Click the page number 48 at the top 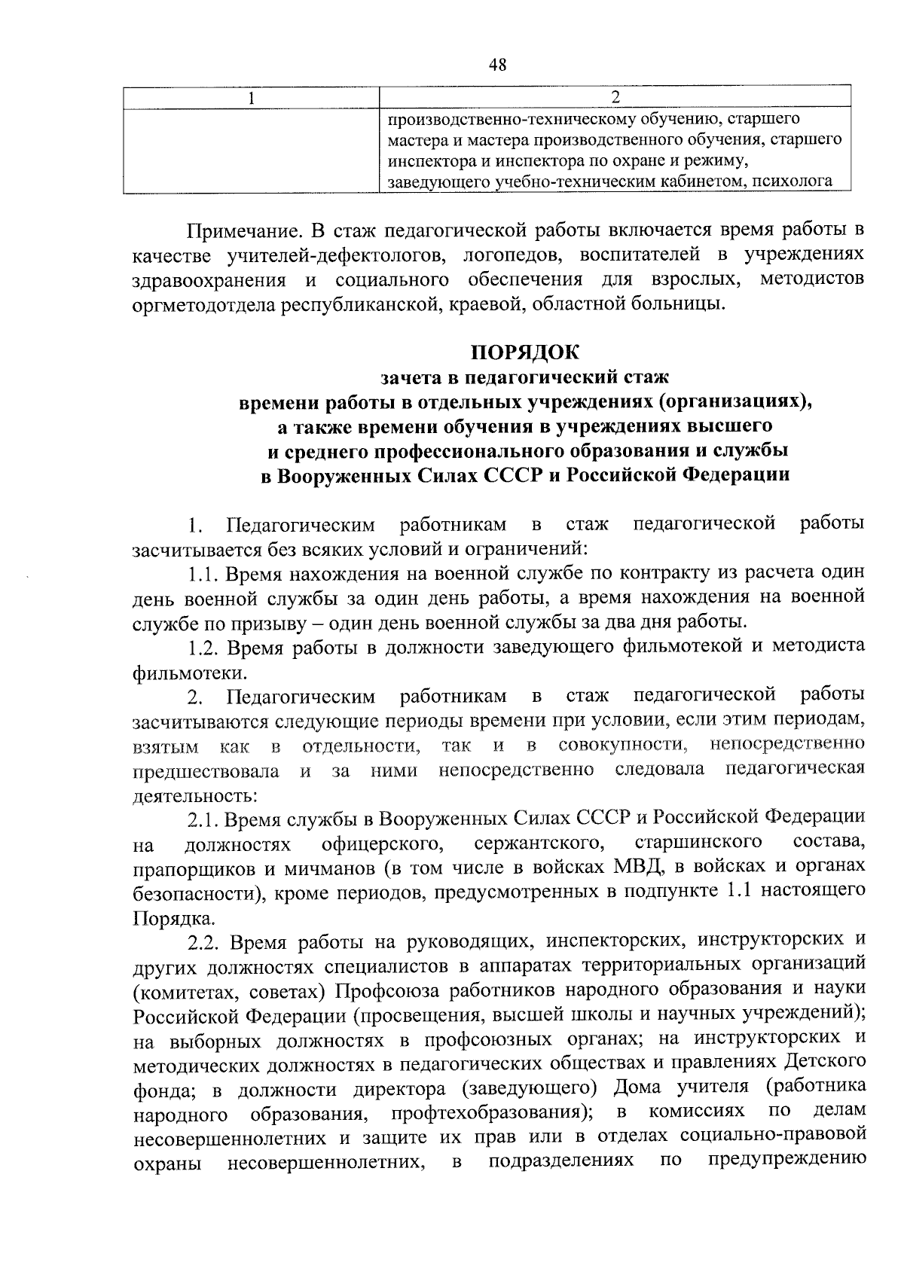point(497,66)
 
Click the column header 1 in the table point(251,98)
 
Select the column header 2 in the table point(615,98)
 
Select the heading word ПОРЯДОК point(525,352)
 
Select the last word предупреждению point(786,1163)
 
